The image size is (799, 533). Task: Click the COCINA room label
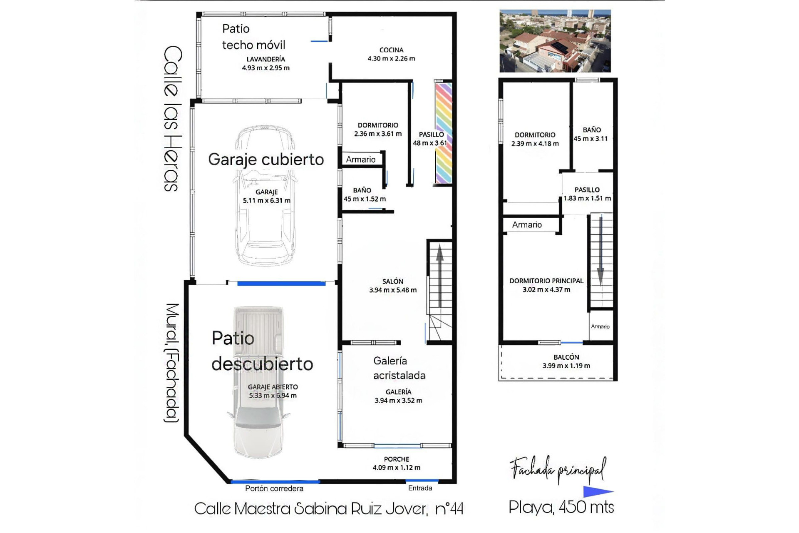[x=391, y=50]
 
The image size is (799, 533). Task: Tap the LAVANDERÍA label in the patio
[x=266, y=59]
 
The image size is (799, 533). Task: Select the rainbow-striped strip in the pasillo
[x=443, y=133]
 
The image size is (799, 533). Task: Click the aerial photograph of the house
[x=555, y=41]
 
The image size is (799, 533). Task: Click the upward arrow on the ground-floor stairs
[x=439, y=275]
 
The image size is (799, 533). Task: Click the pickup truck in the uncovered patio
[x=258, y=383]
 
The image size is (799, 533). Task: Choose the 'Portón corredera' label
[x=274, y=488]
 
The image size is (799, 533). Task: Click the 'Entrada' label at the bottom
[x=420, y=488]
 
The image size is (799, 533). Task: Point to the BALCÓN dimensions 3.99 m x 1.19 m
[x=566, y=366]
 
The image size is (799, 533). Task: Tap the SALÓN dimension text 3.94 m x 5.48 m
[x=392, y=290]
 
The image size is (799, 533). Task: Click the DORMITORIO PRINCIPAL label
[x=546, y=281]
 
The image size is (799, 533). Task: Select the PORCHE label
[x=396, y=459]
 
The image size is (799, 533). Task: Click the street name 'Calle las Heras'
[x=172, y=119]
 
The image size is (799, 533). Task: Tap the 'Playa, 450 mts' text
[x=561, y=507]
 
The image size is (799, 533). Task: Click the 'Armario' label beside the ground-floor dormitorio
[x=360, y=159]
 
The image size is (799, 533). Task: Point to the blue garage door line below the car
[x=281, y=284]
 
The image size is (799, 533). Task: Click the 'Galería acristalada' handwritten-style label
[x=399, y=368]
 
